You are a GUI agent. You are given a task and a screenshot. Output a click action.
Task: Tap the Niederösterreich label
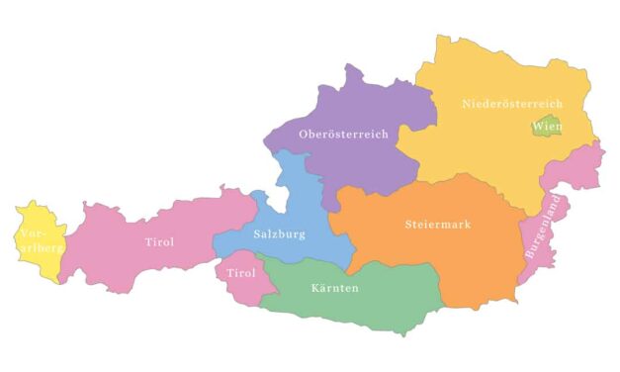(512, 104)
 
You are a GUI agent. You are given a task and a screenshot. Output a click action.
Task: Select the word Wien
(547, 127)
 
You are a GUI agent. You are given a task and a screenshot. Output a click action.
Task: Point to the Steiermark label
(438, 225)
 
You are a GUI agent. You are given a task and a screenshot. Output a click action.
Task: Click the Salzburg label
(279, 234)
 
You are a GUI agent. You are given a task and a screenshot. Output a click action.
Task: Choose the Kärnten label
(331, 288)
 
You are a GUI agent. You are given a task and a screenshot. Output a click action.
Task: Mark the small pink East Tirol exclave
(237, 287)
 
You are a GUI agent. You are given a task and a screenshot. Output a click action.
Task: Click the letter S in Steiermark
(409, 225)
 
